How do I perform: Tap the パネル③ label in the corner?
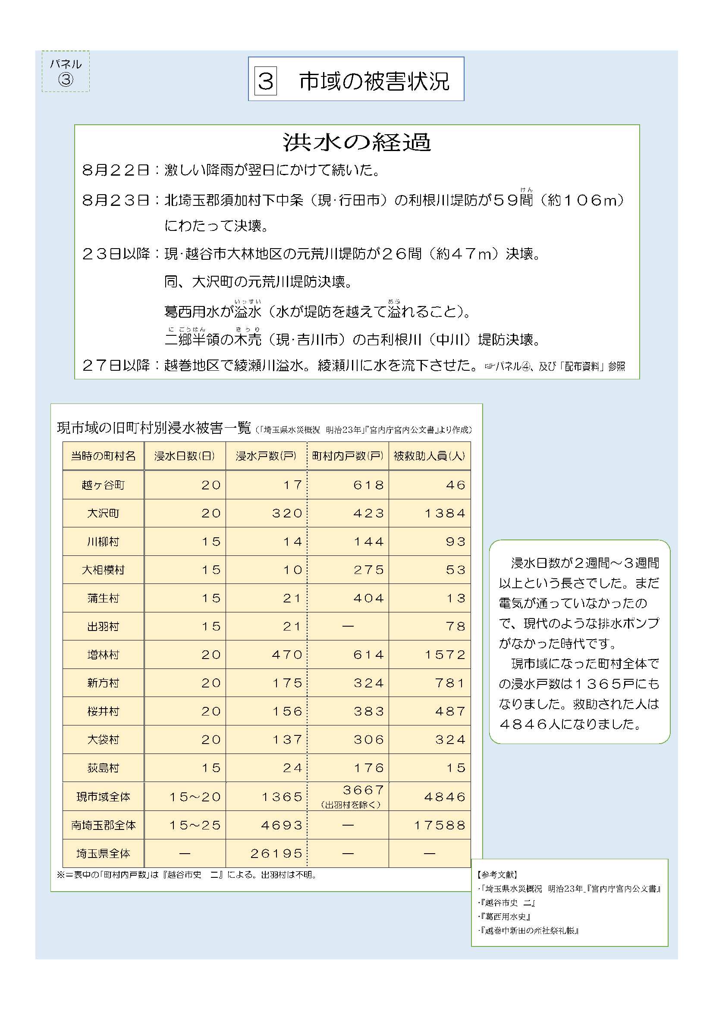[x=66, y=72]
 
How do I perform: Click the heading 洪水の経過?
[x=356, y=142]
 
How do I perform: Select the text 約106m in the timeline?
[x=581, y=200]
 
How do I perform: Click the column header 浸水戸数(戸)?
[x=266, y=456]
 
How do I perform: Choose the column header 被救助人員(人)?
[x=429, y=456]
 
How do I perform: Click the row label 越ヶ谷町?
[x=103, y=485]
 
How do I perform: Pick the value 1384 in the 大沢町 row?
[x=445, y=513]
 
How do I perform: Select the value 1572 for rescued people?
[x=445, y=655]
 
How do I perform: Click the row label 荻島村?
[x=103, y=768]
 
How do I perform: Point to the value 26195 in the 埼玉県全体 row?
[x=276, y=853]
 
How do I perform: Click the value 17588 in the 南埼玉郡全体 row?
[x=439, y=825]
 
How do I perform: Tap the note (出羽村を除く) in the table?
[x=351, y=804]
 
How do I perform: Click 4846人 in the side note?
[x=530, y=724]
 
